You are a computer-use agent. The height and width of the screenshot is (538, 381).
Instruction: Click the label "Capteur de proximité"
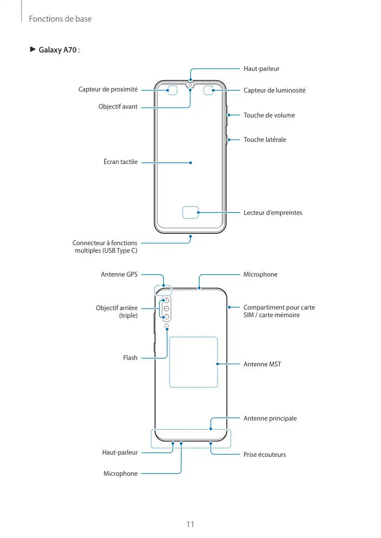coord(108,90)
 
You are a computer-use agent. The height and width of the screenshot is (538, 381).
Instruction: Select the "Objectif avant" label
coord(118,107)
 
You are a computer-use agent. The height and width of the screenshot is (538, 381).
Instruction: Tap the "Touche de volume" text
coord(269,115)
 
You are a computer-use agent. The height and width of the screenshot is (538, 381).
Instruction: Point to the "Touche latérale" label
coord(264,140)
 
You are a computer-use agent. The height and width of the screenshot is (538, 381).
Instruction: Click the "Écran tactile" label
coord(120,162)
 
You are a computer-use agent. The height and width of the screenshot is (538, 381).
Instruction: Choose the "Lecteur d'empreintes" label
coord(273,213)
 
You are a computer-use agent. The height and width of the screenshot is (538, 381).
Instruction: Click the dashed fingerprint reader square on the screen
coord(190,213)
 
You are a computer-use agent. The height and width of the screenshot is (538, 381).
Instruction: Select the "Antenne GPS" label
coord(119,274)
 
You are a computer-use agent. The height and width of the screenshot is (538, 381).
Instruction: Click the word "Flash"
coord(130,358)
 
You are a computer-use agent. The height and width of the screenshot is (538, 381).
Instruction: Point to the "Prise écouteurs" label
coord(264,455)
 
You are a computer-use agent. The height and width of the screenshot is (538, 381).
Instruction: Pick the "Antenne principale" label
coord(270,418)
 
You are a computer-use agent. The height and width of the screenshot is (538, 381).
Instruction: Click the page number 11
coord(190,524)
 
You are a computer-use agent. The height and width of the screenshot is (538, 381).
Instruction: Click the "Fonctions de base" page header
coord(60,19)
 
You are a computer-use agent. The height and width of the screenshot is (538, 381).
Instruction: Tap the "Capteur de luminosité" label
coord(274,90)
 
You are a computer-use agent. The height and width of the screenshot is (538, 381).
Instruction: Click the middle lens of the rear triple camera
coord(167,309)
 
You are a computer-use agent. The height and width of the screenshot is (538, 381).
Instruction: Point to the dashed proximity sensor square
coord(173,90)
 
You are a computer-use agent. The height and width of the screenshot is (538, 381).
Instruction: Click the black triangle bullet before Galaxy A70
coord(33,50)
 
